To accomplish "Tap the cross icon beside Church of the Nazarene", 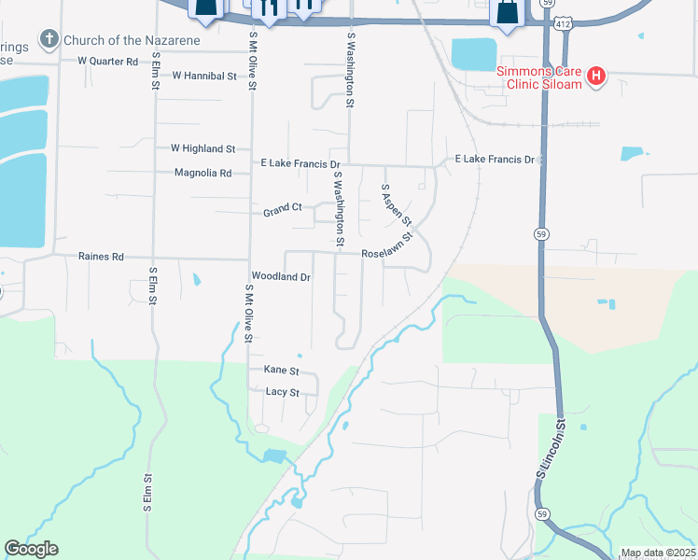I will [x=49, y=40].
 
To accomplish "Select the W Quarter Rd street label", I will [x=108, y=62].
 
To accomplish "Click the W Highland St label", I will [x=202, y=148].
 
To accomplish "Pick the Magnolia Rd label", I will [x=202, y=173].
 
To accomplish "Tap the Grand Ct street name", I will [x=283, y=211].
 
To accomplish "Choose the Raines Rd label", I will [x=101, y=257].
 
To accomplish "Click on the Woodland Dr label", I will [x=281, y=277].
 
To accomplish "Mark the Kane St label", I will [x=281, y=371].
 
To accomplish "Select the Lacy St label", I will [x=282, y=393].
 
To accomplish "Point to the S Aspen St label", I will [x=397, y=204].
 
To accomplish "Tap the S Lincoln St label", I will [x=551, y=450].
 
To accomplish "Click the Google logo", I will [x=31, y=549].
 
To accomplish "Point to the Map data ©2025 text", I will [x=658, y=553].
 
